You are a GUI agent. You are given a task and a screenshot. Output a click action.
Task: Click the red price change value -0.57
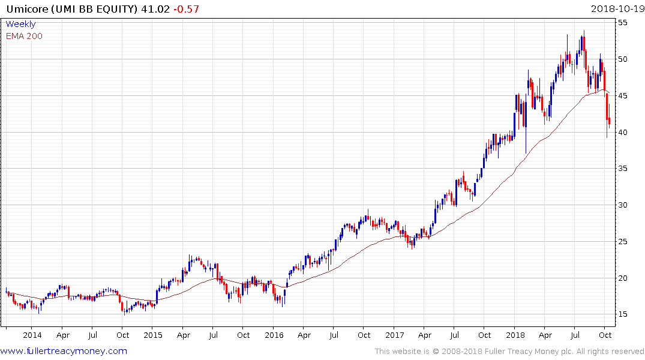(x=186, y=9)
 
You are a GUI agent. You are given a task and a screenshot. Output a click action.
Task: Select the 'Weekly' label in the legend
(x=20, y=25)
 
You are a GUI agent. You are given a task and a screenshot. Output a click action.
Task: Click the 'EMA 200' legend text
(x=24, y=36)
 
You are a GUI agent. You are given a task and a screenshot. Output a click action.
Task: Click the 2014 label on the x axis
(x=32, y=335)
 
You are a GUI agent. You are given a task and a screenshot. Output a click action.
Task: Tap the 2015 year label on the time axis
(x=153, y=335)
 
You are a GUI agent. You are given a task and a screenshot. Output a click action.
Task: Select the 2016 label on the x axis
(x=274, y=335)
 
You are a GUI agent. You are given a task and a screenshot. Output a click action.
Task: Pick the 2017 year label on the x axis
(x=394, y=335)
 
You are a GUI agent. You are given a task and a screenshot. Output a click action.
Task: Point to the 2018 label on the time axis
(x=515, y=335)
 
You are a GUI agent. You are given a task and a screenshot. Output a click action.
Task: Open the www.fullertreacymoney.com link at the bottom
(x=64, y=351)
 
